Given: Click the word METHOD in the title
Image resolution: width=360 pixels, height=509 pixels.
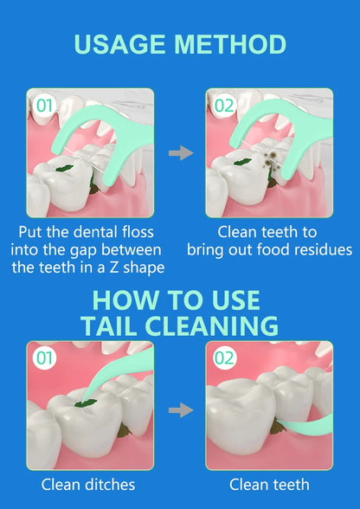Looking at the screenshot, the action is click(x=230, y=44).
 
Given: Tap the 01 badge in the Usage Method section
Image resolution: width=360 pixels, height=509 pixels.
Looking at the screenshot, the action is click(x=44, y=106).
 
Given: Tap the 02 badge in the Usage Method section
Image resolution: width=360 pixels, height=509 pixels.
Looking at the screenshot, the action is click(x=224, y=106).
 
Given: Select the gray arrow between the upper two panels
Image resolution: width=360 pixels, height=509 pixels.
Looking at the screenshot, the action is click(x=181, y=152).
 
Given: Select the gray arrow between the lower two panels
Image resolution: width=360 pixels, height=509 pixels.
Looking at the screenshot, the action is click(x=181, y=410).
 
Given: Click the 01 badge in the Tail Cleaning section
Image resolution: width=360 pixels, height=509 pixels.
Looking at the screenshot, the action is click(x=44, y=358).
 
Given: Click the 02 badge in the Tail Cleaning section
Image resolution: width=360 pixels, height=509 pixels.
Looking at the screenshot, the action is click(x=224, y=358).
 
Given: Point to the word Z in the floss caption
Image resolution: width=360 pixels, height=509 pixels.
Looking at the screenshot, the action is click(x=113, y=267).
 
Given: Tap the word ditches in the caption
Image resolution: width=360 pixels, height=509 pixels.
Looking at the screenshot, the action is click(x=111, y=485).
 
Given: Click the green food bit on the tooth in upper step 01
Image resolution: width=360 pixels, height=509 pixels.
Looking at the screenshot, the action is click(x=64, y=168).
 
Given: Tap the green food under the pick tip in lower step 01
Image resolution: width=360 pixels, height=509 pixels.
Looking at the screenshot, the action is click(x=86, y=403).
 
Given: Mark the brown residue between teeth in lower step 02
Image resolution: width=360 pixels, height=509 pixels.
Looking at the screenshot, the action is click(x=277, y=426).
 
